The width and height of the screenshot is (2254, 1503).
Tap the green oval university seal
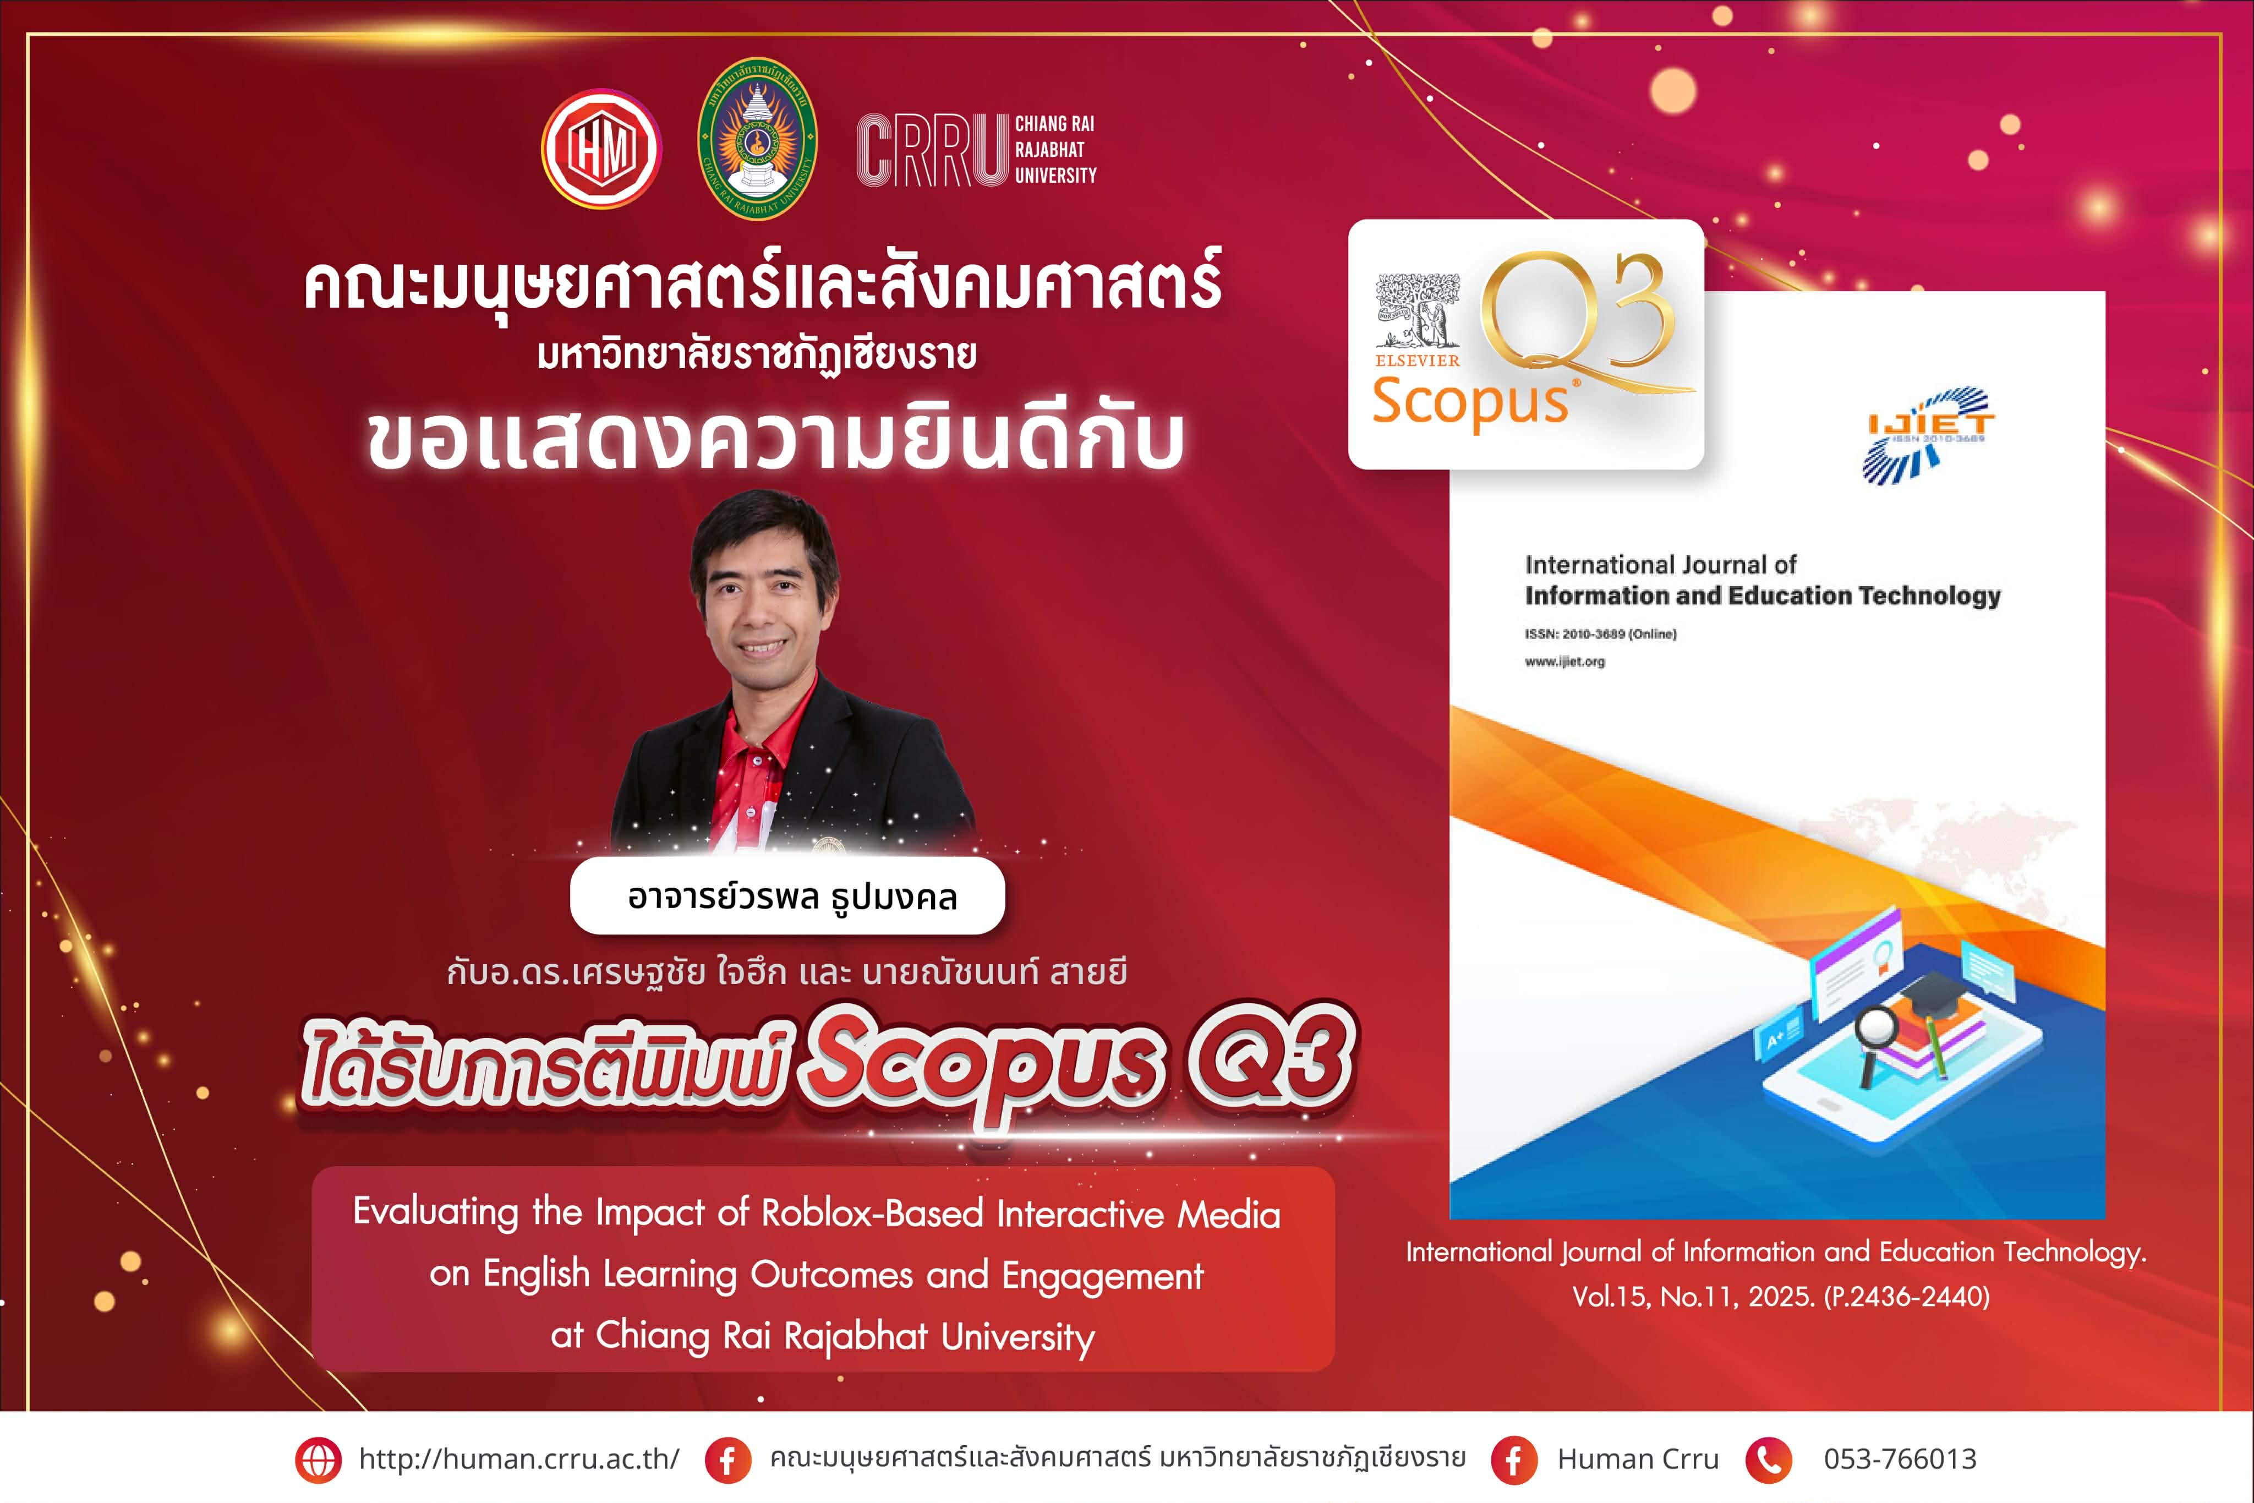coord(757,139)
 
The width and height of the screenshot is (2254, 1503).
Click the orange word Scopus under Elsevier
coord(1471,403)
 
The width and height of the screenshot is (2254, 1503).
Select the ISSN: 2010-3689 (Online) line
coord(1600,633)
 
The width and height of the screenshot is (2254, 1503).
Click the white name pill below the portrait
coord(788,896)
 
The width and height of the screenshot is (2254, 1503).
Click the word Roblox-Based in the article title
coord(872,1214)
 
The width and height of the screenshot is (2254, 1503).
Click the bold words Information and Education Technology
coord(1763,596)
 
